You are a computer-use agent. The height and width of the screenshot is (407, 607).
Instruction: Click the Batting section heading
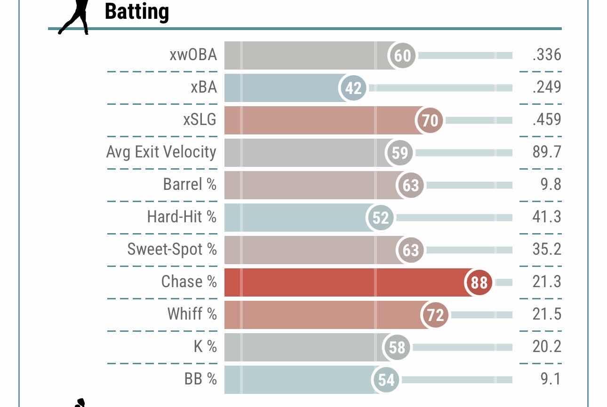(x=136, y=11)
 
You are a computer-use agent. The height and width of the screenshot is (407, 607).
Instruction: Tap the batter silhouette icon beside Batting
(x=75, y=17)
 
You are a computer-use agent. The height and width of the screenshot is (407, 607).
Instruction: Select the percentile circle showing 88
(x=479, y=282)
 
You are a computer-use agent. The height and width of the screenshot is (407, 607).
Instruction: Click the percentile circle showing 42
(x=353, y=88)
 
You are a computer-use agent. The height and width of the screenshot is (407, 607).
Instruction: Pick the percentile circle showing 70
(x=430, y=120)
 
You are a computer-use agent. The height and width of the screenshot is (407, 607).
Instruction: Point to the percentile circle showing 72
(x=435, y=314)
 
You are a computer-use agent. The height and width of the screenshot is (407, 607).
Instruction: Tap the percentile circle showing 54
(x=386, y=379)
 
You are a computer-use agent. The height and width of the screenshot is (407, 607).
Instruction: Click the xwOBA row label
(x=193, y=55)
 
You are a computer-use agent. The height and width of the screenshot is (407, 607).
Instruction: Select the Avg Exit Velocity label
(x=161, y=152)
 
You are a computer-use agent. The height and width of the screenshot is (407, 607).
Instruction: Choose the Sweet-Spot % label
(x=172, y=250)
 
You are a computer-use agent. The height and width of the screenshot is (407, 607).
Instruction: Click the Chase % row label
(x=189, y=282)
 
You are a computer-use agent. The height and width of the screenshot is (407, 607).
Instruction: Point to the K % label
(x=205, y=347)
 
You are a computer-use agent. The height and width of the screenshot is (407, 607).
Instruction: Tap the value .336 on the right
(x=547, y=55)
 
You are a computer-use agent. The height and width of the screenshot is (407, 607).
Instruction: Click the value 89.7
(x=547, y=152)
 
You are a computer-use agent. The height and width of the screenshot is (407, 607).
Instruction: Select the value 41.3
(x=547, y=217)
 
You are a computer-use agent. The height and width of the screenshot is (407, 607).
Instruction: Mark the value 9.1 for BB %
(x=551, y=379)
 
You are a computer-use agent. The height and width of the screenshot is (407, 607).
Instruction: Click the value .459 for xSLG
(x=547, y=120)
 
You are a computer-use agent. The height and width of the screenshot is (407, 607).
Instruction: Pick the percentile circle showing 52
(x=380, y=218)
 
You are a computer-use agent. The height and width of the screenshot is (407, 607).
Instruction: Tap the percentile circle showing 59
(x=399, y=153)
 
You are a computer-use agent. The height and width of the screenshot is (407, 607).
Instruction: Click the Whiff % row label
(x=192, y=314)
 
